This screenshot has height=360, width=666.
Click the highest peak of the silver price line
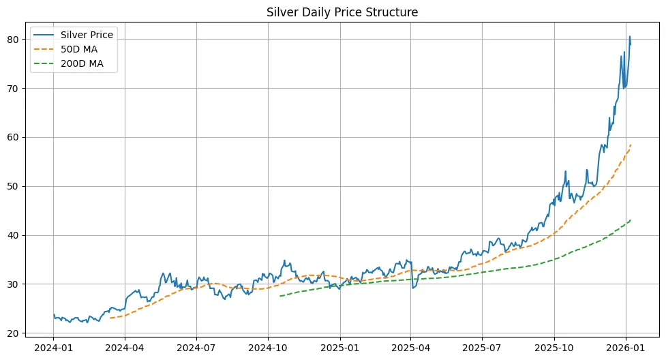click(629, 37)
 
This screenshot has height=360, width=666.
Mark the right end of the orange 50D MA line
click(631, 145)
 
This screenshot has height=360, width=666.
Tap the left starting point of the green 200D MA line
click(280, 296)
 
